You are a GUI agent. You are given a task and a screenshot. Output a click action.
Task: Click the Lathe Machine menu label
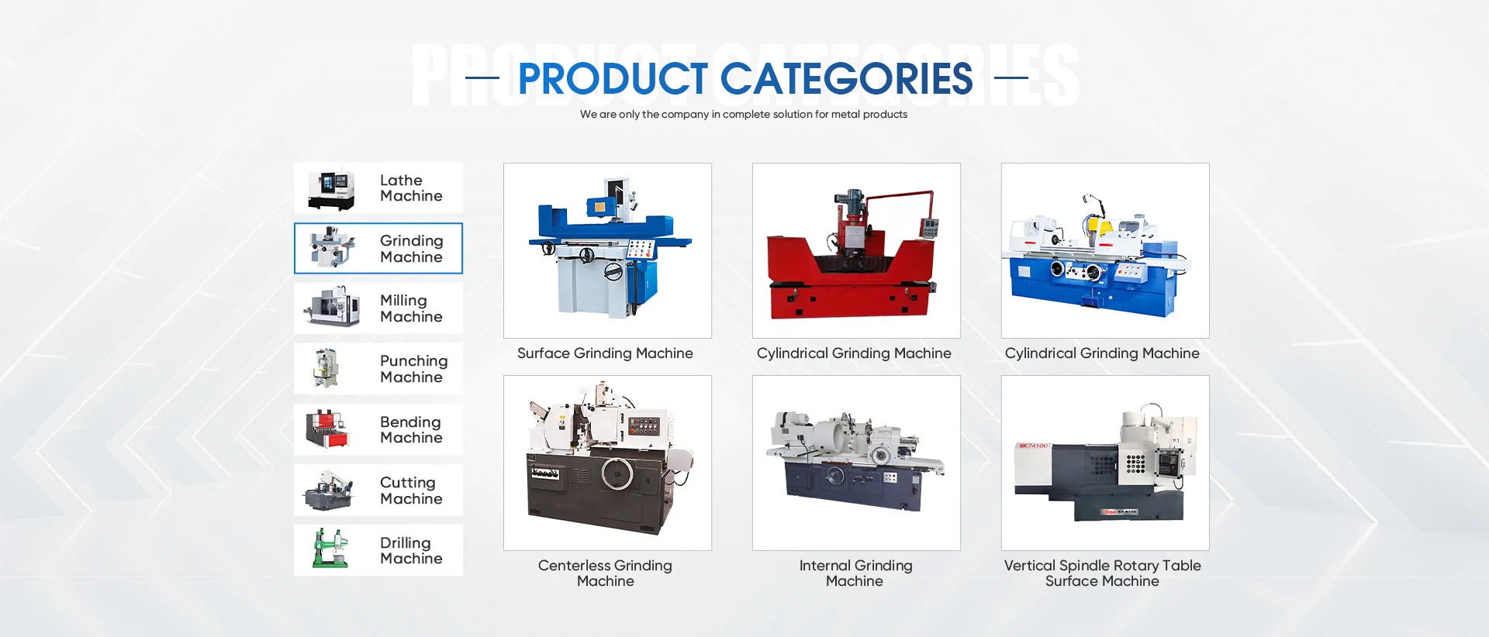point(411,188)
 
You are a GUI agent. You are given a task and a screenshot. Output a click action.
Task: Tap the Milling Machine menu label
point(411,308)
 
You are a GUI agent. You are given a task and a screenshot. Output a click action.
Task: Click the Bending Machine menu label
point(411,429)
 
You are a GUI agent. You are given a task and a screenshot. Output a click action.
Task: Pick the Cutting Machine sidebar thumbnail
point(329,490)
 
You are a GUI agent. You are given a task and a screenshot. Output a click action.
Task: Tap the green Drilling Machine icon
point(330,549)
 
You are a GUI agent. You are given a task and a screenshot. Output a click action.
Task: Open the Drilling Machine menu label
point(411,550)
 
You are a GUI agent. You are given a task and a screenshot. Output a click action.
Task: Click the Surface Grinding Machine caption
point(605,353)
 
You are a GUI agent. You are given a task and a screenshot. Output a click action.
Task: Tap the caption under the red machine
point(854,353)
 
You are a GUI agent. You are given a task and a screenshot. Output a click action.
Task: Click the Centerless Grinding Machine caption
point(605,573)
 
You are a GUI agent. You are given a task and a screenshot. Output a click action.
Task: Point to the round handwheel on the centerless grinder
point(617,473)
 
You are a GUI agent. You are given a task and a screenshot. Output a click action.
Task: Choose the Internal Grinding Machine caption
point(855,573)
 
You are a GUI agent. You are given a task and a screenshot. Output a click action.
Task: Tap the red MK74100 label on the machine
point(1033,446)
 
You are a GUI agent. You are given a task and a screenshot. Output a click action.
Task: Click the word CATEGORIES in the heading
point(846,78)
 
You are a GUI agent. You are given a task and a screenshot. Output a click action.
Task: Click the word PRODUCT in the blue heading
point(613,78)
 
